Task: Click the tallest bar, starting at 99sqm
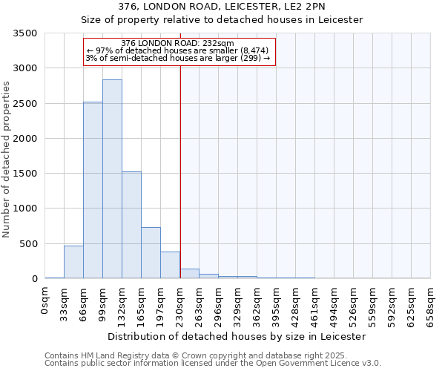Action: coord(112,179)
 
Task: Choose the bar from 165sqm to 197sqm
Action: coord(151,253)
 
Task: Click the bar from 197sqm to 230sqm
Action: coord(170,266)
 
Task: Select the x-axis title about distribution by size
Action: coord(237,336)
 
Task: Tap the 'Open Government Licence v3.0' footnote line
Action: coord(213,364)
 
